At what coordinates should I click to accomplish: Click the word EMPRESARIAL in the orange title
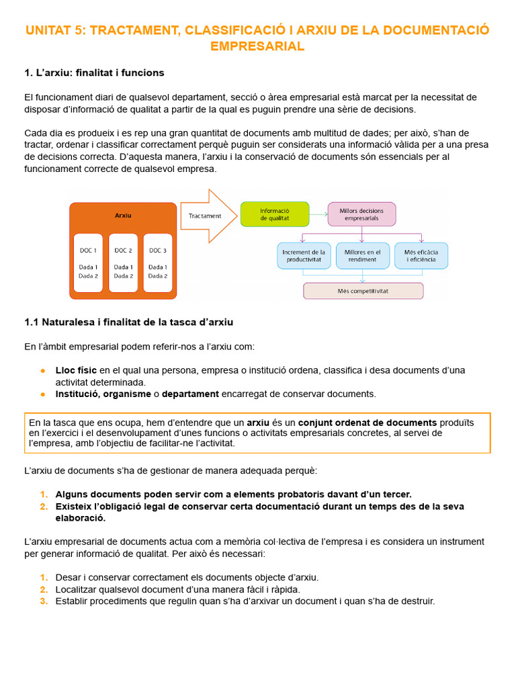click(x=257, y=46)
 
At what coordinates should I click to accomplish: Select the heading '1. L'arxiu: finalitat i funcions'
click(x=94, y=73)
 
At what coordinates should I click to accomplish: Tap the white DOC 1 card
click(x=88, y=262)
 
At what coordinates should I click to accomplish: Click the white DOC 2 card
click(x=123, y=262)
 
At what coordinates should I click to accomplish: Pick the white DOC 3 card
click(x=158, y=262)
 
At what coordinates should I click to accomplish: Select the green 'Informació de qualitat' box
click(x=275, y=214)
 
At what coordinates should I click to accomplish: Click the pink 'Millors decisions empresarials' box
click(x=361, y=214)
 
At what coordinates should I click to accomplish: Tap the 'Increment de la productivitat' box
click(x=304, y=255)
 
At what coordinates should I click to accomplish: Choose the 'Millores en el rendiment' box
click(x=362, y=255)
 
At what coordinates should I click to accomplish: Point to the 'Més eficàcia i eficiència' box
click(x=421, y=255)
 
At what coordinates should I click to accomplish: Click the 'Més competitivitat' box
click(x=363, y=291)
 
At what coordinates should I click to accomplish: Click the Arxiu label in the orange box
click(x=123, y=215)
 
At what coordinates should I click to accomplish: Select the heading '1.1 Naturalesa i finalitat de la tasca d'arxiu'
click(x=128, y=322)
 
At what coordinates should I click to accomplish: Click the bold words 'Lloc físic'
click(x=76, y=370)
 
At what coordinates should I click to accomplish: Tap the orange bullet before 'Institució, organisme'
click(x=43, y=394)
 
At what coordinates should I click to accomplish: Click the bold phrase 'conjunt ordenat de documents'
click(x=368, y=423)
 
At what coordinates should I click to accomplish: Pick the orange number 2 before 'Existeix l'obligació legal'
click(x=44, y=507)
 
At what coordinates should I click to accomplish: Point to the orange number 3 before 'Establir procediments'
click(x=44, y=601)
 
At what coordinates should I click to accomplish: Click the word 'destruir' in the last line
click(x=417, y=601)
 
